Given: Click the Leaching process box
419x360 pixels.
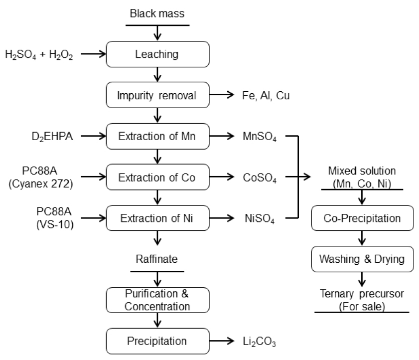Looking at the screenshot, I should (158, 54).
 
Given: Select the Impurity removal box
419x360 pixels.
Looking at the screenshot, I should (158, 95).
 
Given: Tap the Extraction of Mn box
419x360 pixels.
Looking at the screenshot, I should (158, 135).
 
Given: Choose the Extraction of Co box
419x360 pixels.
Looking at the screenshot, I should (158, 177).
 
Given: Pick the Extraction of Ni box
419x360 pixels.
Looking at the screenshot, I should (158, 217).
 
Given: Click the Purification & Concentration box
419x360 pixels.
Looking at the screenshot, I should (158, 299).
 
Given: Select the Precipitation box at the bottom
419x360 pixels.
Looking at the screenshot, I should (158, 341).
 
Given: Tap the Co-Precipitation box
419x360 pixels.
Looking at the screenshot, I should (362, 218).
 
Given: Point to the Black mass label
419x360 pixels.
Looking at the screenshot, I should (157, 14).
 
